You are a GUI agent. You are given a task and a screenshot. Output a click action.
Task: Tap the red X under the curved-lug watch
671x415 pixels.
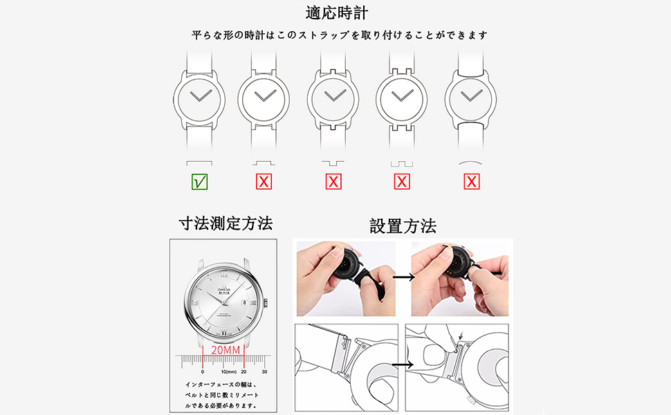472,182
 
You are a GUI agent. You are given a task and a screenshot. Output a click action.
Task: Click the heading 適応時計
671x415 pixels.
337,13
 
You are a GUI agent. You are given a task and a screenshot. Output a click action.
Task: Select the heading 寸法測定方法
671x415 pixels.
226,223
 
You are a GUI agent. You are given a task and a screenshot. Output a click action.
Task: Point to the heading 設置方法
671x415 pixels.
403,226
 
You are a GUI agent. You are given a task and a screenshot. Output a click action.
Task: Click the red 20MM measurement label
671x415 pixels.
226,350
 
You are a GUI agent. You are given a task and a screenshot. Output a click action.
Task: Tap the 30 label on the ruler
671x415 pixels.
264,371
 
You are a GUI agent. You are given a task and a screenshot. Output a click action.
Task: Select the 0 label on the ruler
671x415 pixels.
202,371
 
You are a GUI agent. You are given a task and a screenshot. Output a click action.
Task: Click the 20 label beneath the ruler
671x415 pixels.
243,371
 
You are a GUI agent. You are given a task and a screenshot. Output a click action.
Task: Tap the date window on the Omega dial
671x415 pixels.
243,302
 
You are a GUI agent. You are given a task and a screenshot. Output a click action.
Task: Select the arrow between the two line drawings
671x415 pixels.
403,364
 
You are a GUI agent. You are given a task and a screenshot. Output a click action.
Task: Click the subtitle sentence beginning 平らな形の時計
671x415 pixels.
340,35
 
